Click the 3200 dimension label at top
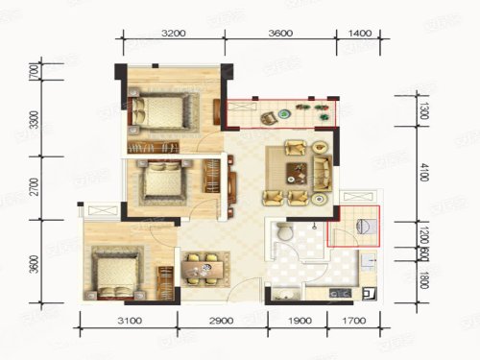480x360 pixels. (174, 33)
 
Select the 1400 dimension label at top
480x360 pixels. (360, 33)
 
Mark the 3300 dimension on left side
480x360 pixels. (34, 121)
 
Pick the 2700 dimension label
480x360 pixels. (34, 186)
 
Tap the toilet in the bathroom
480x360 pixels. (284, 233)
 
